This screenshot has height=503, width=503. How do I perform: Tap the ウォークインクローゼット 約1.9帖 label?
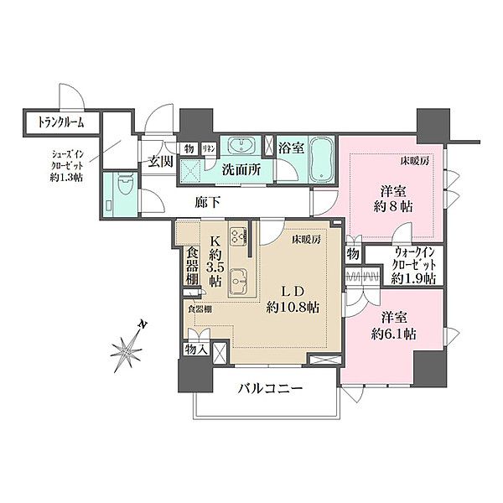pos(414,267)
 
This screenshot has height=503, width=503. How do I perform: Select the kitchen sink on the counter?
pos(240,277)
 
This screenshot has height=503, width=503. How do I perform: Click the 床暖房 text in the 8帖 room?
pos(414,160)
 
